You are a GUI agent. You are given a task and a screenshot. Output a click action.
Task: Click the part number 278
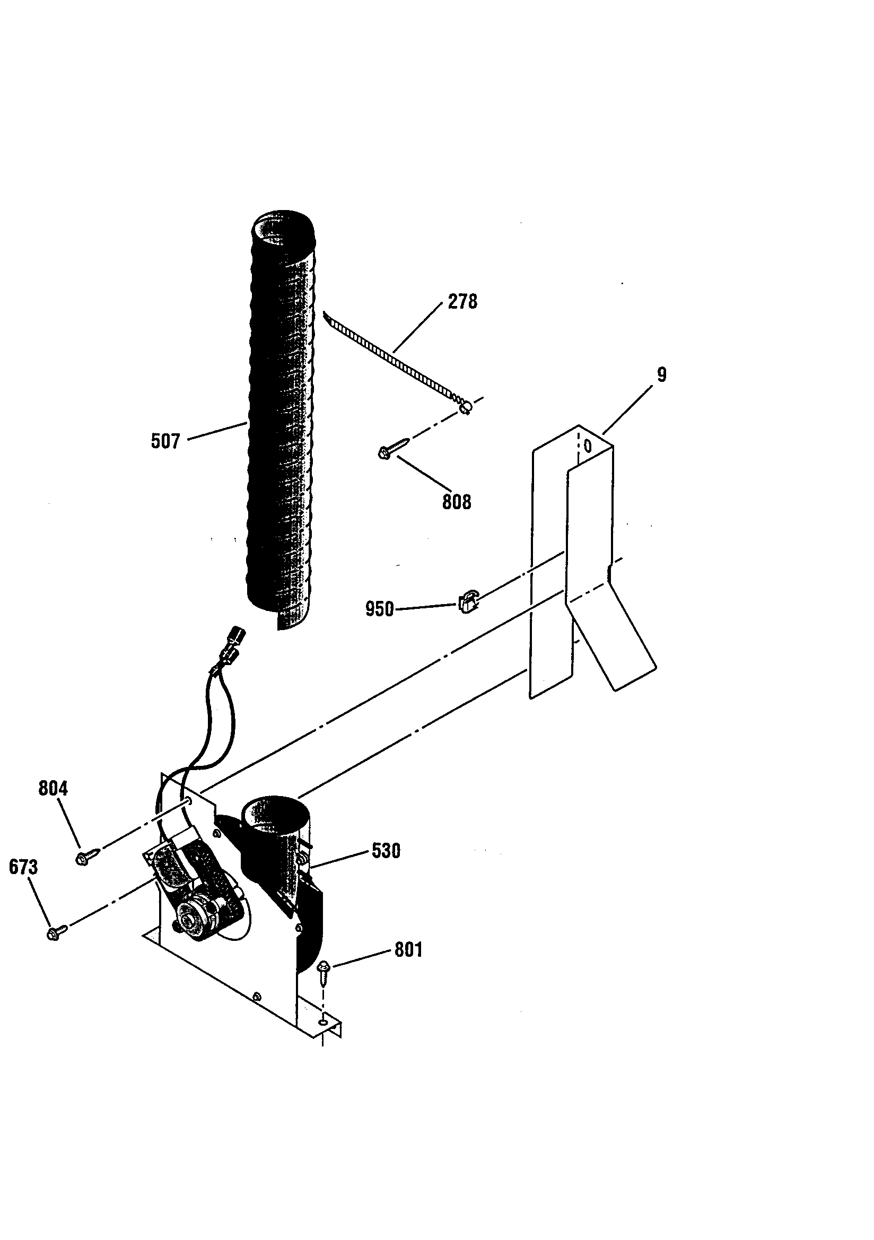pyautogui.click(x=462, y=301)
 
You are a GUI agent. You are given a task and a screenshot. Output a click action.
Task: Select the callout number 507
pyautogui.click(x=165, y=441)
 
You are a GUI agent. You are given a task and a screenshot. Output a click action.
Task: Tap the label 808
pyautogui.click(x=457, y=502)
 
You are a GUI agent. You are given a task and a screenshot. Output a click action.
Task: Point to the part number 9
pyautogui.click(x=662, y=374)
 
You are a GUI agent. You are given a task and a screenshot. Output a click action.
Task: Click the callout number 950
pyautogui.click(x=379, y=609)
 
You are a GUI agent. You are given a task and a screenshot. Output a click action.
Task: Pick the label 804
pyautogui.click(x=53, y=789)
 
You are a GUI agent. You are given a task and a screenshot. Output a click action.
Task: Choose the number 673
pyautogui.click(x=23, y=867)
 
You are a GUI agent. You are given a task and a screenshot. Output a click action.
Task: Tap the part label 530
pyautogui.click(x=386, y=851)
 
